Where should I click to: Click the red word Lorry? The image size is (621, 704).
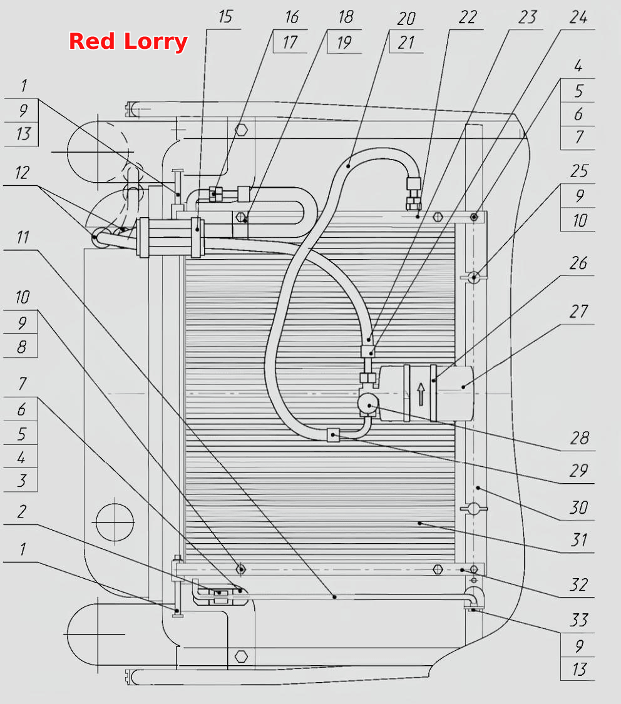pyautogui.click(x=155, y=42)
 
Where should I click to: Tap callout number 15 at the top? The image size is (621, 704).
pyautogui.click(x=225, y=17)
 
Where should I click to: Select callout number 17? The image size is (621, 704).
pyautogui.click(x=290, y=43)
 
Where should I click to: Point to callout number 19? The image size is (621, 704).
pyautogui.click(x=344, y=43)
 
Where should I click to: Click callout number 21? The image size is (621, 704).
pyautogui.click(x=406, y=43)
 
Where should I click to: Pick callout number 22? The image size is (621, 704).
pyautogui.click(x=468, y=18)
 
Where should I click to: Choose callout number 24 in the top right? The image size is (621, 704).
pyautogui.click(x=578, y=18)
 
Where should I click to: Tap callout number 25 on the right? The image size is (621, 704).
pyautogui.click(x=579, y=171)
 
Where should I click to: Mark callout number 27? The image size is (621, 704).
pyautogui.click(x=578, y=312)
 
